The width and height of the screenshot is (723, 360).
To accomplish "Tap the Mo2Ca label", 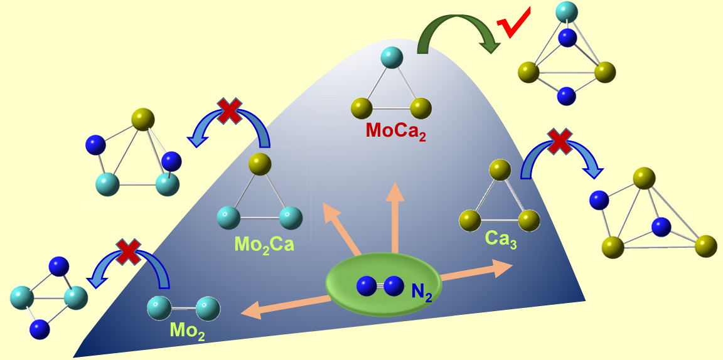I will coord(264,243).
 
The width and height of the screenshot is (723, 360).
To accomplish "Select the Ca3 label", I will coord(500,240).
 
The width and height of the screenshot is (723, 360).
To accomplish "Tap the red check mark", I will coord(513,23).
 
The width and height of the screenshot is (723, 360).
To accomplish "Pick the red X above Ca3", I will coord(559,141).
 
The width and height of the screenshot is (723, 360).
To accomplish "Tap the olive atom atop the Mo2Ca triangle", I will coord(260,164).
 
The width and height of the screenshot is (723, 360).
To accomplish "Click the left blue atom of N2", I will coord(367,286).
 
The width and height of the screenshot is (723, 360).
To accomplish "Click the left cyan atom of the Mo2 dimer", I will coord(159,307).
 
